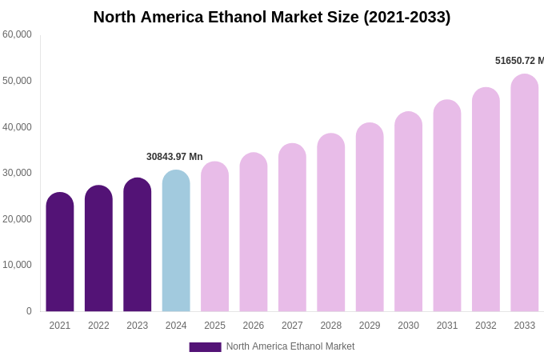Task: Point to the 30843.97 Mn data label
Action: [x=174, y=157]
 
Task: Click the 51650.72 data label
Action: [x=519, y=61]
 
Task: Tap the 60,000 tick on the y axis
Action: [x=17, y=34]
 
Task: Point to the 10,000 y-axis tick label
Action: [x=17, y=265]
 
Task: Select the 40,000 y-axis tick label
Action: [x=17, y=127]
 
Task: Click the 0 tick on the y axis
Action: [x=29, y=311]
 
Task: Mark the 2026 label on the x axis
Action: [x=254, y=326]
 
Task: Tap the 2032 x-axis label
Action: [x=486, y=326]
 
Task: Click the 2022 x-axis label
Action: [x=98, y=326]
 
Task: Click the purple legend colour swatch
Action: [x=205, y=347]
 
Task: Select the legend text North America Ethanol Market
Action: [x=290, y=346]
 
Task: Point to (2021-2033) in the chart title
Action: [x=407, y=17]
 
